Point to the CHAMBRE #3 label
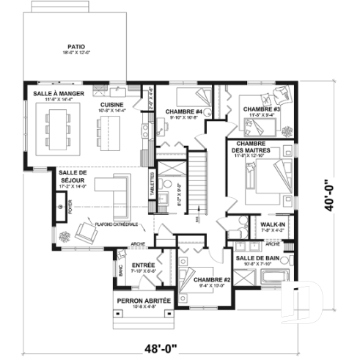tap(262, 109)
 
